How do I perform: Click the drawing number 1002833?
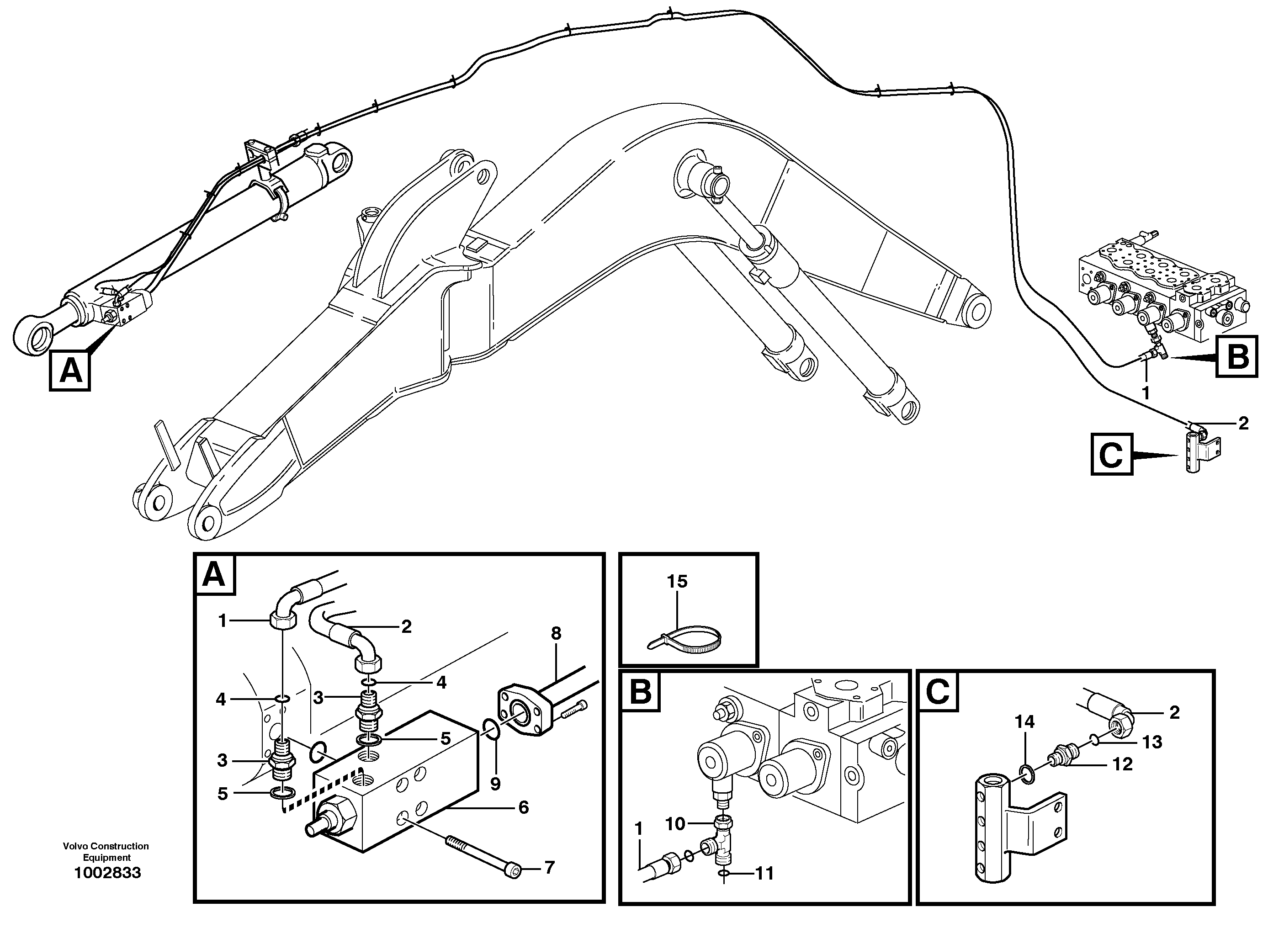[x=107, y=873]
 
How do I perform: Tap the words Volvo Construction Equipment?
[x=106, y=852]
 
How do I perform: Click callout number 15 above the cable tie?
[x=677, y=581]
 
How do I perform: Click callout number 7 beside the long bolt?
[x=549, y=867]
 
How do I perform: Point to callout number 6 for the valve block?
[x=523, y=807]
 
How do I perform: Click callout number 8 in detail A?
[x=556, y=634]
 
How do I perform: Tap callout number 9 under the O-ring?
[x=495, y=784]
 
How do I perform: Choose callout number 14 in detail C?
[x=1024, y=722]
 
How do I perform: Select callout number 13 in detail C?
[x=1151, y=742]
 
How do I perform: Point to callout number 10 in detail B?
[x=675, y=824]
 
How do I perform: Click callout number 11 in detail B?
[x=764, y=873]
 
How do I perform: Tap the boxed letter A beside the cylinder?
[x=69, y=371]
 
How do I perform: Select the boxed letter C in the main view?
[x=1111, y=455]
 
